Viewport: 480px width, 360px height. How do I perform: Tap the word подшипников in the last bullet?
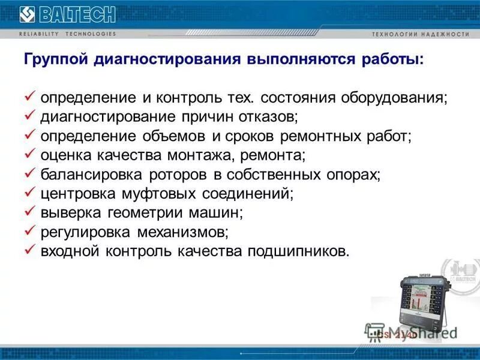[296, 251]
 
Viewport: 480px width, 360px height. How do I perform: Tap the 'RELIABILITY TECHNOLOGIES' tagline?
[67, 34]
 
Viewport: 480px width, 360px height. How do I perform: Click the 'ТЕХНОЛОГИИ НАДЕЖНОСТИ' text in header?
[421, 34]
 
